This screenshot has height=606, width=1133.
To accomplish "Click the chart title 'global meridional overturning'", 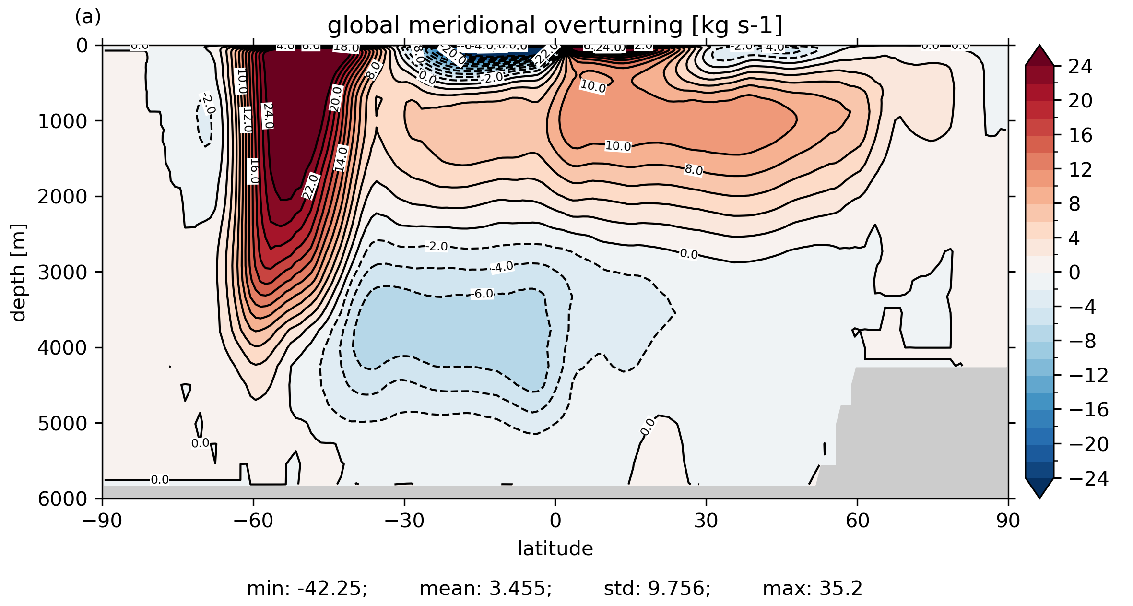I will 555,25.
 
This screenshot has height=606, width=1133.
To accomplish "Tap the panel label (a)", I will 88,17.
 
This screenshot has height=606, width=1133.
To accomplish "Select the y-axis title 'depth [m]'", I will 18,272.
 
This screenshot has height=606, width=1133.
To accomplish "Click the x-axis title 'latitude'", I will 555,548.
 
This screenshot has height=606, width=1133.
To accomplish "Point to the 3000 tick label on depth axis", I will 62,272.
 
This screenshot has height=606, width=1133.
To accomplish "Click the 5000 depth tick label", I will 62,423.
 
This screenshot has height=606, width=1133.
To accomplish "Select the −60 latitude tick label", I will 253,521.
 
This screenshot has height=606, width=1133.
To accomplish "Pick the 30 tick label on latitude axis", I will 706,521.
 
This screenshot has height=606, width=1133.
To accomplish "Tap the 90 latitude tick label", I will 1008,521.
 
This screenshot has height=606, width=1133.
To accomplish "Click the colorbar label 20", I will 1080,101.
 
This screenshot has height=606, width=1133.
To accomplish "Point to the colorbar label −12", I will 1088,375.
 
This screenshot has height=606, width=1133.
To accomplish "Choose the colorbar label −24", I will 1088,478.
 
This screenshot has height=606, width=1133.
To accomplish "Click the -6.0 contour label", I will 482,294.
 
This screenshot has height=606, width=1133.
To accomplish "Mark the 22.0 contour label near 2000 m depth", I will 310,186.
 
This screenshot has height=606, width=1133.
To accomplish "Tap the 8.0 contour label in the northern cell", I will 694,170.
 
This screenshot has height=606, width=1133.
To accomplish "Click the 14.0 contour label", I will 341,158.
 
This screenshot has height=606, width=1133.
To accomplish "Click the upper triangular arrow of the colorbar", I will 1039,55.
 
